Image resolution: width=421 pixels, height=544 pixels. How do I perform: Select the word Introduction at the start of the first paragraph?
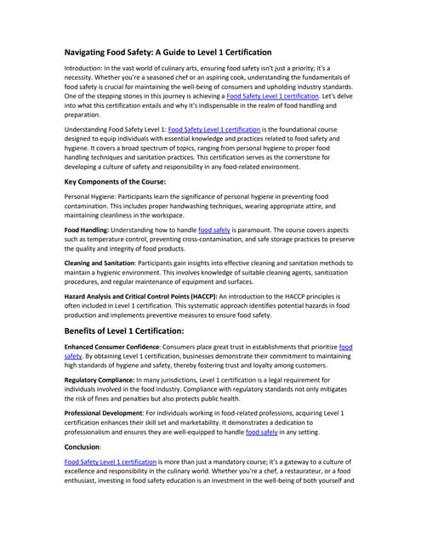coord(87,68)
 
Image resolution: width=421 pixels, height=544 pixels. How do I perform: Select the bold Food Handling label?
coord(92,230)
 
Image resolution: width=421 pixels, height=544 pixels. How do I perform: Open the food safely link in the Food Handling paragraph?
coord(214,230)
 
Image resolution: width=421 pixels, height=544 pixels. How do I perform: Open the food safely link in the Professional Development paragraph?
coord(262,433)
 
